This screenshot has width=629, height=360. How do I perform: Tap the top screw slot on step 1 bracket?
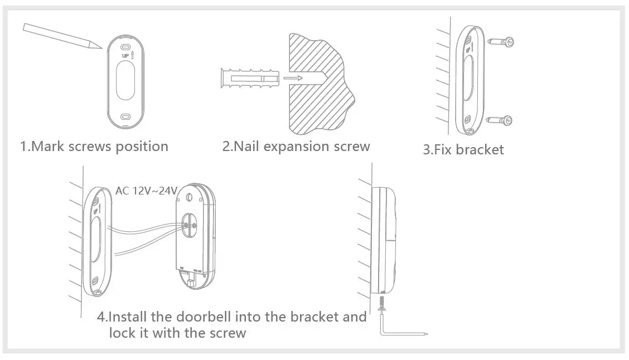125,47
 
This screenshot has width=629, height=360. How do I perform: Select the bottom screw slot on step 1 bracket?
125,117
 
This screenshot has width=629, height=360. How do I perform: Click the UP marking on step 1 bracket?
125,56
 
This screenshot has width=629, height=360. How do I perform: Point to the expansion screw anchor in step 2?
248,79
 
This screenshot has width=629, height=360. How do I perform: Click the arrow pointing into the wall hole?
293,79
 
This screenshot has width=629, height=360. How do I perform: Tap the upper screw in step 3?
501,41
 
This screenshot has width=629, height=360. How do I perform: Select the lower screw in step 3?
501,119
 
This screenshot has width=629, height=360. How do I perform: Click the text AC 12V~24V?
146,191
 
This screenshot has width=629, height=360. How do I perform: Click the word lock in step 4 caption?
122,333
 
